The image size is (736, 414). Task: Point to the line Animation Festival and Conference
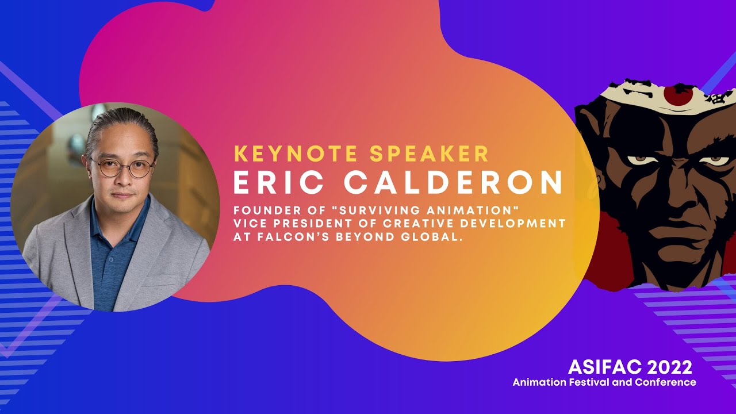[x=604, y=382]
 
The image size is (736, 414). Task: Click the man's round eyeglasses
[x=121, y=168]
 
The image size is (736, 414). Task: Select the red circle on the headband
[x=678, y=95]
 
